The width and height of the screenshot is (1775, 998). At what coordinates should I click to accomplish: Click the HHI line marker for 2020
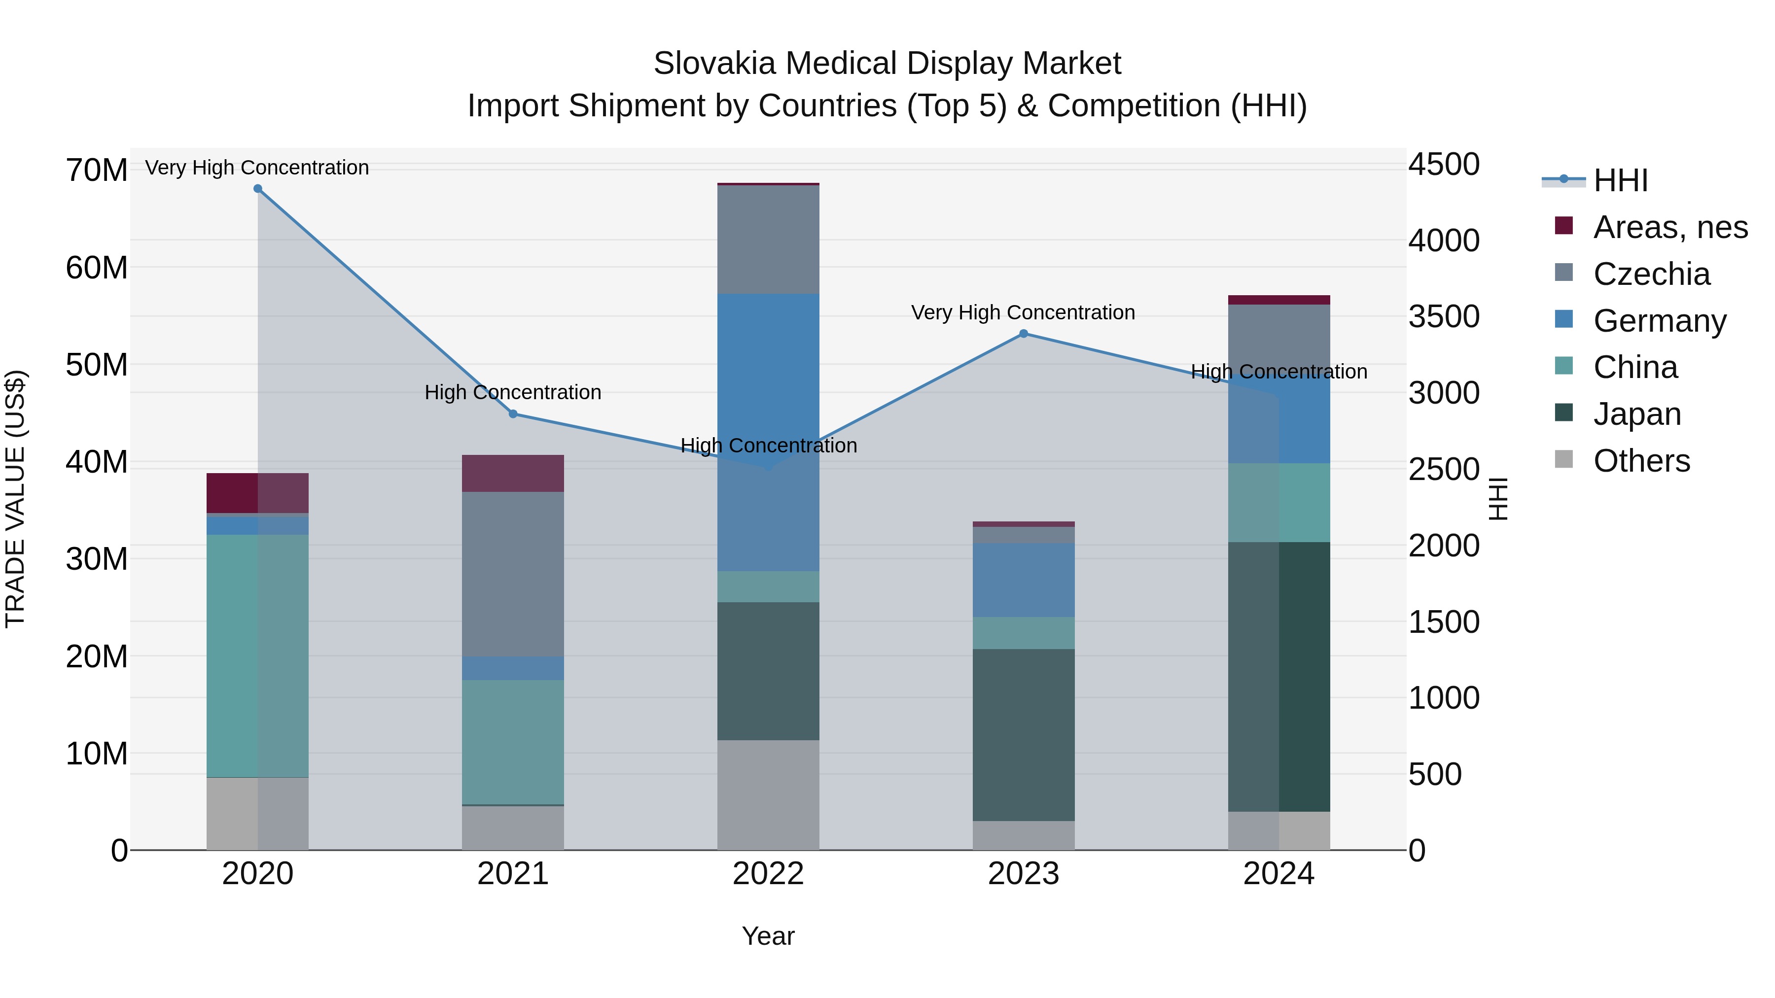coord(258,189)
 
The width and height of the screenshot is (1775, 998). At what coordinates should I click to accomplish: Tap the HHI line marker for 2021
coord(513,414)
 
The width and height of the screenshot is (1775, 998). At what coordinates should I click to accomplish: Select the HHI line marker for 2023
coord(1023,334)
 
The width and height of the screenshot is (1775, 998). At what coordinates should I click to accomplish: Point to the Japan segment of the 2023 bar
coord(1023,734)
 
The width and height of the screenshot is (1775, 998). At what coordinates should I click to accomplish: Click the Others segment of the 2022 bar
coord(768,795)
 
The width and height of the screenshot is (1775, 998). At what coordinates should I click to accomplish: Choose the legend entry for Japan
coord(1636,414)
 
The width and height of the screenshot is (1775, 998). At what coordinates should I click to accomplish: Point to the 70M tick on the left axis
coord(97,170)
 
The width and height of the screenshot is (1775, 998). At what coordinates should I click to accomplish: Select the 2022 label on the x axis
coord(768,874)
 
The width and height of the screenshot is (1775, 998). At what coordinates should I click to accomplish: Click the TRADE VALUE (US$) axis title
coord(15,499)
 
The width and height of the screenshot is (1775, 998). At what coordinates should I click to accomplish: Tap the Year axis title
coord(768,936)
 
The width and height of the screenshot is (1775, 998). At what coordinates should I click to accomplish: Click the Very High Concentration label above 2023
coord(1023,312)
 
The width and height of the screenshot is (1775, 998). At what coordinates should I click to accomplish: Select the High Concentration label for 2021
coord(513,393)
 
